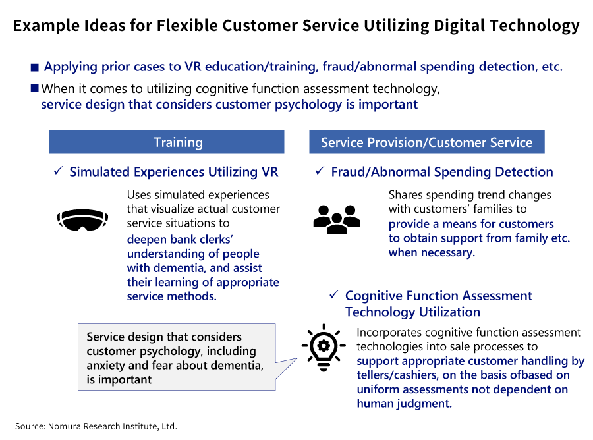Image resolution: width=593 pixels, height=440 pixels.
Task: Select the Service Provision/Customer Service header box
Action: click(x=426, y=142)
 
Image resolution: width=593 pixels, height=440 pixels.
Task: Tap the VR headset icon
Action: click(x=83, y=219)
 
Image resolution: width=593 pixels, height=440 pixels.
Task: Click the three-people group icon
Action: click(x=336, y=219)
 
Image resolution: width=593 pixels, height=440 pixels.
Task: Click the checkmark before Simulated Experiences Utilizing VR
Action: click(x=58, y=172)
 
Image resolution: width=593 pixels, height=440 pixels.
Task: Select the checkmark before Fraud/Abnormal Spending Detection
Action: click(x=320, y=172)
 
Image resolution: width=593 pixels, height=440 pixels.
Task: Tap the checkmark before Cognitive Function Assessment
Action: click(x=333, y=296)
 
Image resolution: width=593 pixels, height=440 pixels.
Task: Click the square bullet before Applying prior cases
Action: click(x=35, y=67)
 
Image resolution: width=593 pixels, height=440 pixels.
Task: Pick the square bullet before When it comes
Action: click(x=35, y=88)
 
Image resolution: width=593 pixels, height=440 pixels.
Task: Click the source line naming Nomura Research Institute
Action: click(x=96, y=426)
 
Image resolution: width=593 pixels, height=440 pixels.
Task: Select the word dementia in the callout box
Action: click(x=235, y=366)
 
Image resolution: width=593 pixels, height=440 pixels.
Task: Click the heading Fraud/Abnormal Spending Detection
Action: click(x=441, y=172)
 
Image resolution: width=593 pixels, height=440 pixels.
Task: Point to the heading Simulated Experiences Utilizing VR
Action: click(x=173, y=172)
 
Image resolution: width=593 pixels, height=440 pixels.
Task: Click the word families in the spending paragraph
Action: click(x=487, y=209)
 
